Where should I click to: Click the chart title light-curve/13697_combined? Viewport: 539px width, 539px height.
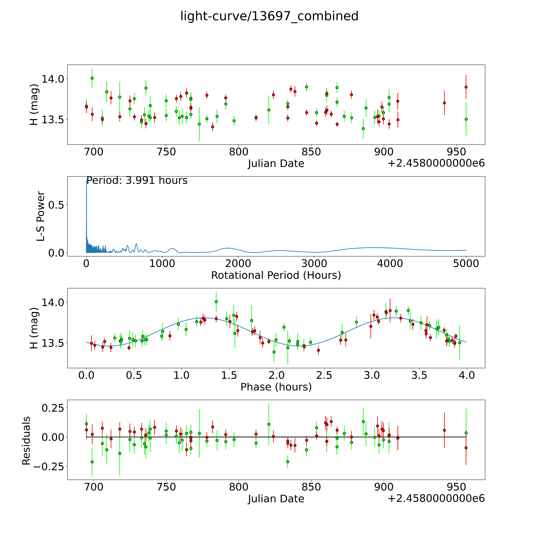(269, 16)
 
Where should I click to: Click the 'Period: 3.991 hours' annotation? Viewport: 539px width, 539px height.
(137, 180)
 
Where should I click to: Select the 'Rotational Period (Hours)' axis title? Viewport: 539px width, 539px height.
(276, 275)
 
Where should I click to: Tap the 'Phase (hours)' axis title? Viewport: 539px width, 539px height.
(276, 387)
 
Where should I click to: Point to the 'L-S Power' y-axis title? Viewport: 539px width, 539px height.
(41, 216)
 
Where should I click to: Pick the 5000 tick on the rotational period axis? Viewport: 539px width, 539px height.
(466, 264)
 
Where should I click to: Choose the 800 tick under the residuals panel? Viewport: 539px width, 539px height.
(239, 487)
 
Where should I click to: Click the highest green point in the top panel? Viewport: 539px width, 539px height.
(92, 78)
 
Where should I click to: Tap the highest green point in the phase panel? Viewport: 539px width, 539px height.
(216, 302)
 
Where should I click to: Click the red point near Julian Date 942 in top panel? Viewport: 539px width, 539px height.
(444, 103)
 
